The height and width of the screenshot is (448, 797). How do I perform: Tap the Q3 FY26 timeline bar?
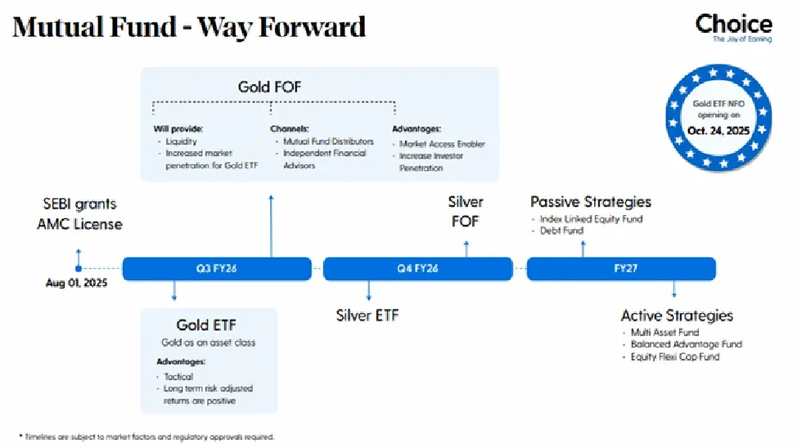click(x=217, y=269)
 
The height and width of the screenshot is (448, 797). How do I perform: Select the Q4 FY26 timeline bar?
click(x=417, y=269)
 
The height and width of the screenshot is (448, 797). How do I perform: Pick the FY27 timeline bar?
click(x=621, y=269)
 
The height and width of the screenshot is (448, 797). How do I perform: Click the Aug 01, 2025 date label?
click(x=76, y=284)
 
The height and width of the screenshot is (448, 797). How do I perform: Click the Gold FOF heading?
click(x=270, y=87)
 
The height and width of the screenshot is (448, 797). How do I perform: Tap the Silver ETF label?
click(x=367, y=315)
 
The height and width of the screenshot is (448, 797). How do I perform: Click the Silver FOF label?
click(x=465, y=211)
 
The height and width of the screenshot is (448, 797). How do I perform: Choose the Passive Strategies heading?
click(x=591, y=201)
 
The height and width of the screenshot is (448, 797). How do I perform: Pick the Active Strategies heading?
click(x=677, y=316)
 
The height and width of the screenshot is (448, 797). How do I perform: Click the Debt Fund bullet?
click(x=561, y=231)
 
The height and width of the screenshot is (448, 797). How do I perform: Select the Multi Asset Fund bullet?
click(x=664, y=333)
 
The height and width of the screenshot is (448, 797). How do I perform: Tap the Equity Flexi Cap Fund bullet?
click(x=675, y=356)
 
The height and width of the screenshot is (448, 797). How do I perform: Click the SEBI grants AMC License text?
click(x=80, y=213)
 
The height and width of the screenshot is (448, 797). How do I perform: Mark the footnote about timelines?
click(x=146, y=437)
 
